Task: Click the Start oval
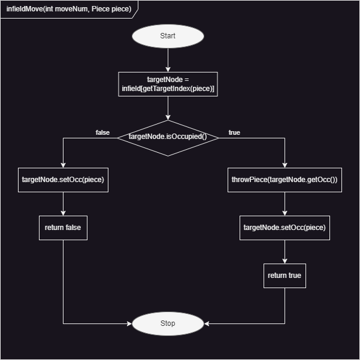click(168, 36)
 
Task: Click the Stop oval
click(168, 323)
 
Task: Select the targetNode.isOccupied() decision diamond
click(168, 137)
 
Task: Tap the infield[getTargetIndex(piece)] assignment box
click(168, 84)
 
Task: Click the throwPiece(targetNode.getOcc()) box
click(285, 180)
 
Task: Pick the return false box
click(63, 228)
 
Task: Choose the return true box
click(285, 276)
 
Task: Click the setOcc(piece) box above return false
click(63, 180)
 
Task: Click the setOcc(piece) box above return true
click(285, 228)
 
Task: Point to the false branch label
click(102, 132)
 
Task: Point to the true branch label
click(234, 132)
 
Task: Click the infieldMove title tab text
click(68, 10)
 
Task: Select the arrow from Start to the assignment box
click(168, 60)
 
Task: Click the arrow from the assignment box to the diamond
click(168, 108)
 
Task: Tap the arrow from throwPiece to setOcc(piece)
click(285, 204)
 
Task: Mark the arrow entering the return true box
click(285, 252)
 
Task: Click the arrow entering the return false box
click(63, 204)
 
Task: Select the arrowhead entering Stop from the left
click(128, 323)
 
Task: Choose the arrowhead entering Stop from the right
click(207, 323)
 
